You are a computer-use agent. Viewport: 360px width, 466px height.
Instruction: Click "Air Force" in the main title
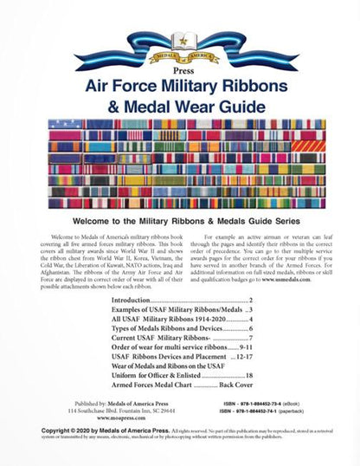pos(129,89)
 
